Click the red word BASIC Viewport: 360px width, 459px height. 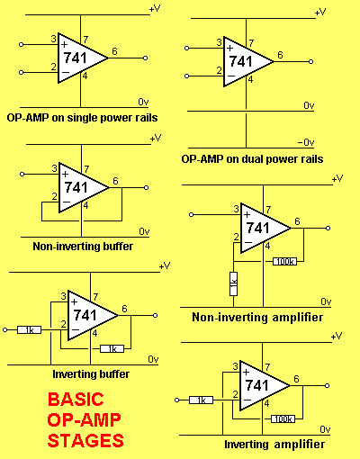pyautogui.click(x=76, y=400)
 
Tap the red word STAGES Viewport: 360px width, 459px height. pyautogui.click(x=85, y=440)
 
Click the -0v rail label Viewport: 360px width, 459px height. pyautogui.click(x=306, y=142)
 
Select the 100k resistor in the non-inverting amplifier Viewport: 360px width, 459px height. pyautogui.click(x=284, y=262)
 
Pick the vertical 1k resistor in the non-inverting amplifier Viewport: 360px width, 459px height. pyautogui.click(x=233, y=283)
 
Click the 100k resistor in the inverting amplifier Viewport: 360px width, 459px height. pyautogui.click(x=283, y=418)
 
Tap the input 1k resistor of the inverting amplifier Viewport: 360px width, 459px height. pyautogui.click(x=201, y=400)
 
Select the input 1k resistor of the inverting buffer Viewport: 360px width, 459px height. pyautogui.click(x=29, y=330)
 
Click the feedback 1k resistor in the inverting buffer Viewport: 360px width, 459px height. pyautogui.click(x=112, y=348)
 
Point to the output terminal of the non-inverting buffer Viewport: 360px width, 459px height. pyautogui.click(x=146, y=188)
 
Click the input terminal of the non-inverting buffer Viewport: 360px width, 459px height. pyautogui.click(x=22, y=174)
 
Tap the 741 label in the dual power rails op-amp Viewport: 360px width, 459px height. pyautogui.click(x=241, y=61)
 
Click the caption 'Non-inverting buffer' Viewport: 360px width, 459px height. pyautogui.click(x=83, y=247)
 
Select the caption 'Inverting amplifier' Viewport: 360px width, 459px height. pyautogui.click(x=274, y=444)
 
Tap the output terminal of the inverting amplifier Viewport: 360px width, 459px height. pyautogui.click(x=328, y=385)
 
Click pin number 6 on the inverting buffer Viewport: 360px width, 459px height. pyautogui.click(x=124, y=309)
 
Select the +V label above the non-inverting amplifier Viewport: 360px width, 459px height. pyautogui.click(x=337, y=178)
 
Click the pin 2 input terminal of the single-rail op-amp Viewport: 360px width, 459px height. pyautogui.click(x=21, y=72)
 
